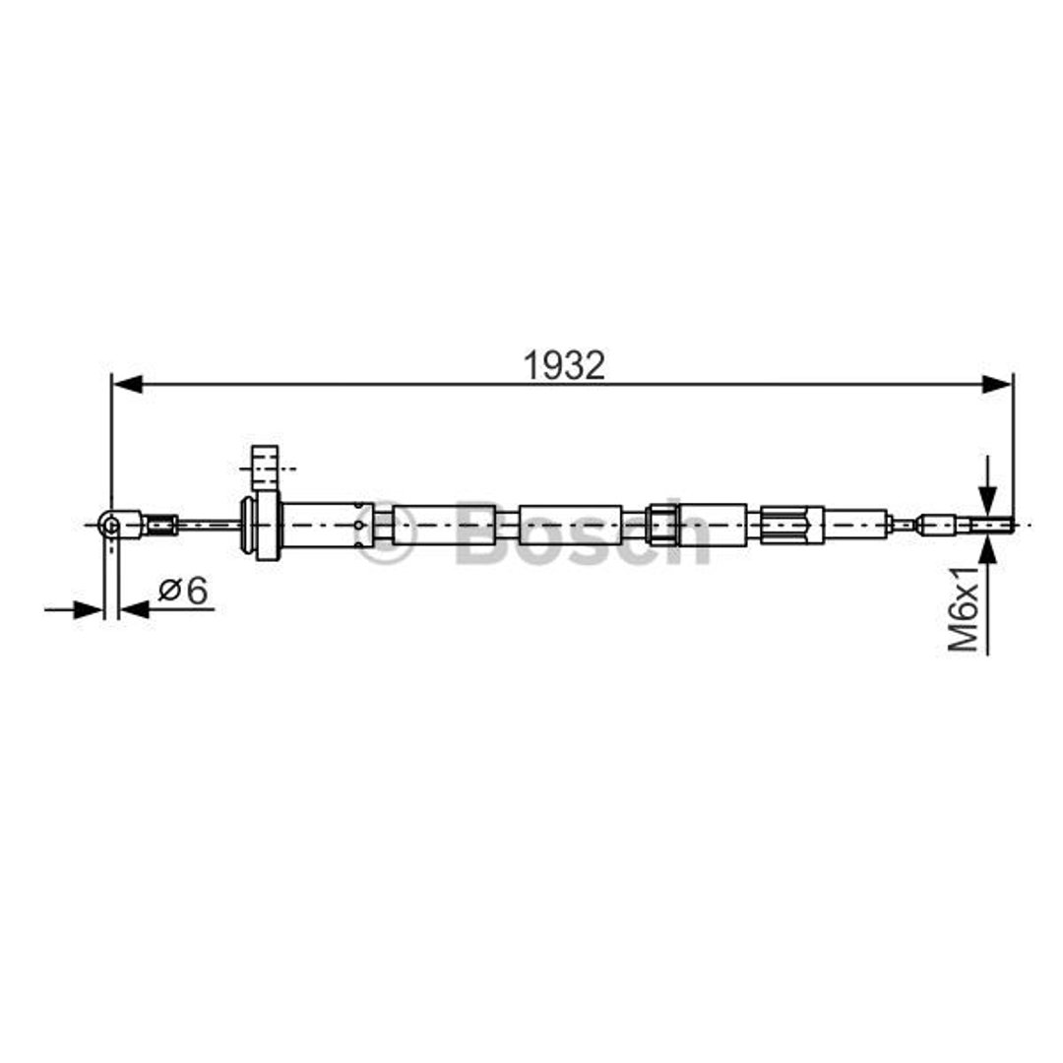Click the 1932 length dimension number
(563, 365)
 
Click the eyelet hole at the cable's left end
(110, 524)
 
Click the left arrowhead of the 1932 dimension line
(127, 385)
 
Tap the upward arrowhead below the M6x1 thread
(988, 548)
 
